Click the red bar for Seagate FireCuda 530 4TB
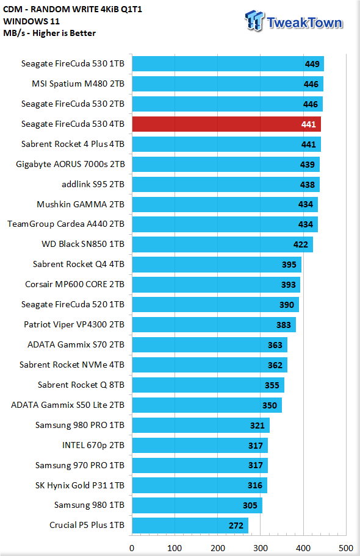(x=226, y=124)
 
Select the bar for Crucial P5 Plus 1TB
(x=190, y=525)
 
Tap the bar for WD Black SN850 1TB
(x=223, y=244)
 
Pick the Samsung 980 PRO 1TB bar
(x=201, y=425)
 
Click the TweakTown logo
(x=294, y=21)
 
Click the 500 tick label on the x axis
(x=346, y=548)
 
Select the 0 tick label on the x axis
(x=132, y=548)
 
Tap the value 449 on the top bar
(x=312, y=64)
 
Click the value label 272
(x=236, y=526)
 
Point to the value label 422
(x=301, y=244)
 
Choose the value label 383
(x=284, y=325)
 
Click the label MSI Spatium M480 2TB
(x=78, y=84)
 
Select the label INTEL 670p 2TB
(x=93, y=445)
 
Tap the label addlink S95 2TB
(x=93, y=184)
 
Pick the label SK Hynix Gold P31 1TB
(x=80, y=485)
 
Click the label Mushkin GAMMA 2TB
(x=81, y=204)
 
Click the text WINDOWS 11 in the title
(x=32, y=21)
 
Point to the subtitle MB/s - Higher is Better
(x=49, y=33)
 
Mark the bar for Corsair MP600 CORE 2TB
(x=216, y=284)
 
